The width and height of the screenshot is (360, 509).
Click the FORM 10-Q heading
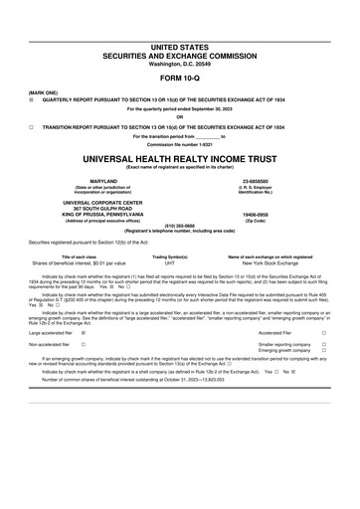(179, 80)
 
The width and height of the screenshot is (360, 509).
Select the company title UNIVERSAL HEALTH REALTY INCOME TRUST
(179, 157)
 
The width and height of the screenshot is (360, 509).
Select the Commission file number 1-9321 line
(179, 143)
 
